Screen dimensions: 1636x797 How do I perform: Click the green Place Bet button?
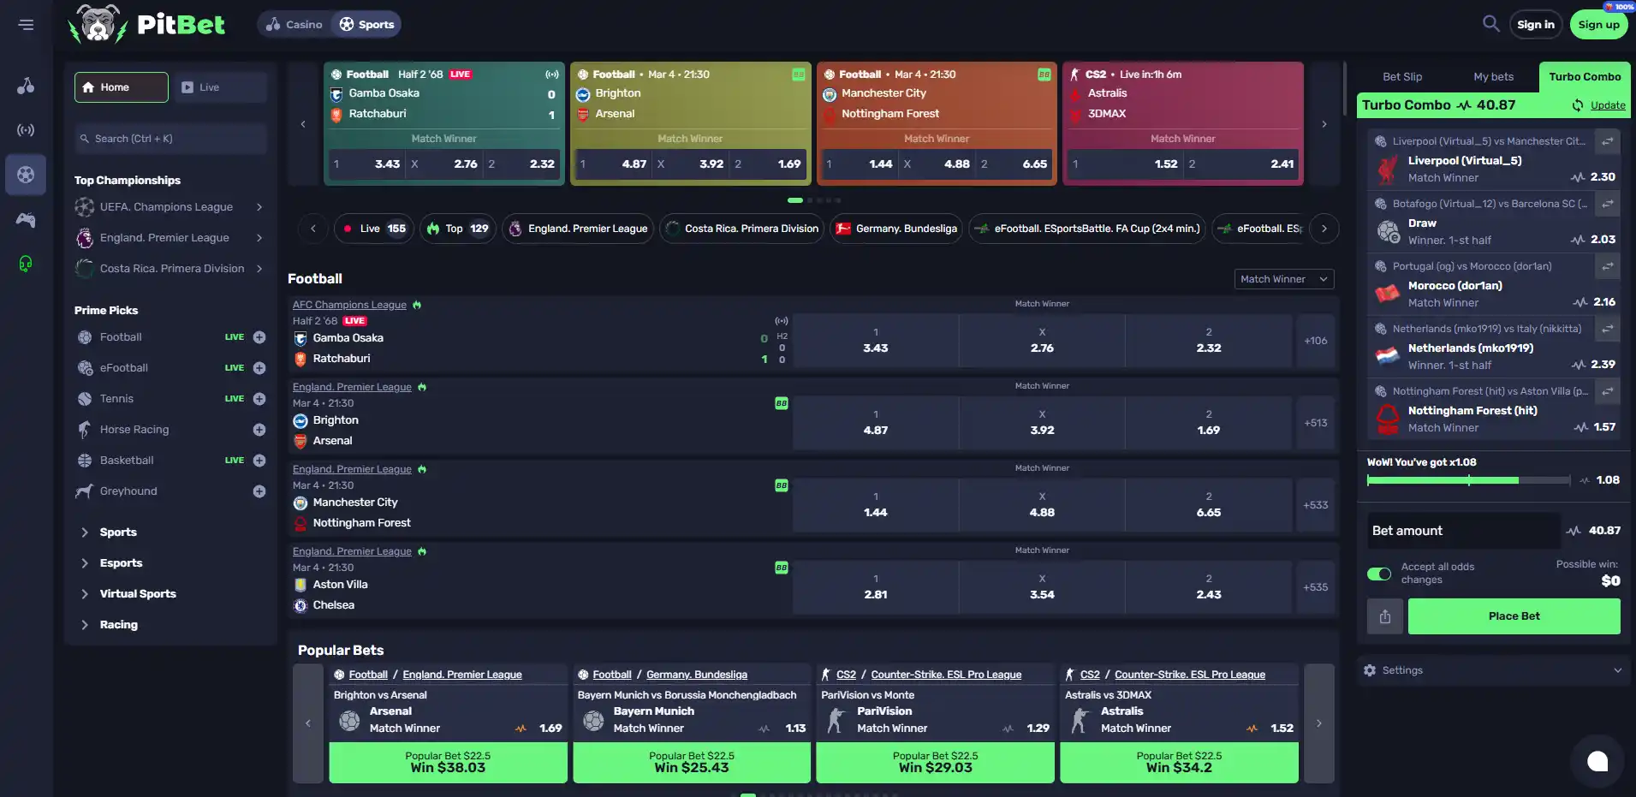point(1514,616)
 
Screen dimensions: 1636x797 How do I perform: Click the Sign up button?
point(1598,25)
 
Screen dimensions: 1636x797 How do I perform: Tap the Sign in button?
point(1536,25)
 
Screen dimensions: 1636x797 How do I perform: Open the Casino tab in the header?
point(294,25)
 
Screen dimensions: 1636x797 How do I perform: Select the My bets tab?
point(1493,77)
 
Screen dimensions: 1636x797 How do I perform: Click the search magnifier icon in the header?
point(1490,24)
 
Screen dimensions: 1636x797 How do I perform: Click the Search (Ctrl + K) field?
point(170,139)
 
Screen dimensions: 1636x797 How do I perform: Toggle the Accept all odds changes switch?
point(1379,574)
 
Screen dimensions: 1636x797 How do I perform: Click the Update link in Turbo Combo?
point(1608,105)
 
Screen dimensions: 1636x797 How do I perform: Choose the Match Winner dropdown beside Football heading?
point(1283,279)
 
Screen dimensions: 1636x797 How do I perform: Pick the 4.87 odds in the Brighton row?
point(875,423)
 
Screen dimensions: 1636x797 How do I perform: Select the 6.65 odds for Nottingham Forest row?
point(1209,505)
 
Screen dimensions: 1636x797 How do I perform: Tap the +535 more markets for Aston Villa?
point(1316,587)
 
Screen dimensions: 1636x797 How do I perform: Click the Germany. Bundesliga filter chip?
point(896,229)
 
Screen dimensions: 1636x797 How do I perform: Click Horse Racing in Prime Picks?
point(134,430)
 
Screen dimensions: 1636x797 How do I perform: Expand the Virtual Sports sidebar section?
point(138,594)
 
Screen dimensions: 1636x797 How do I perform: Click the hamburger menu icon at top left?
point(27,25)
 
